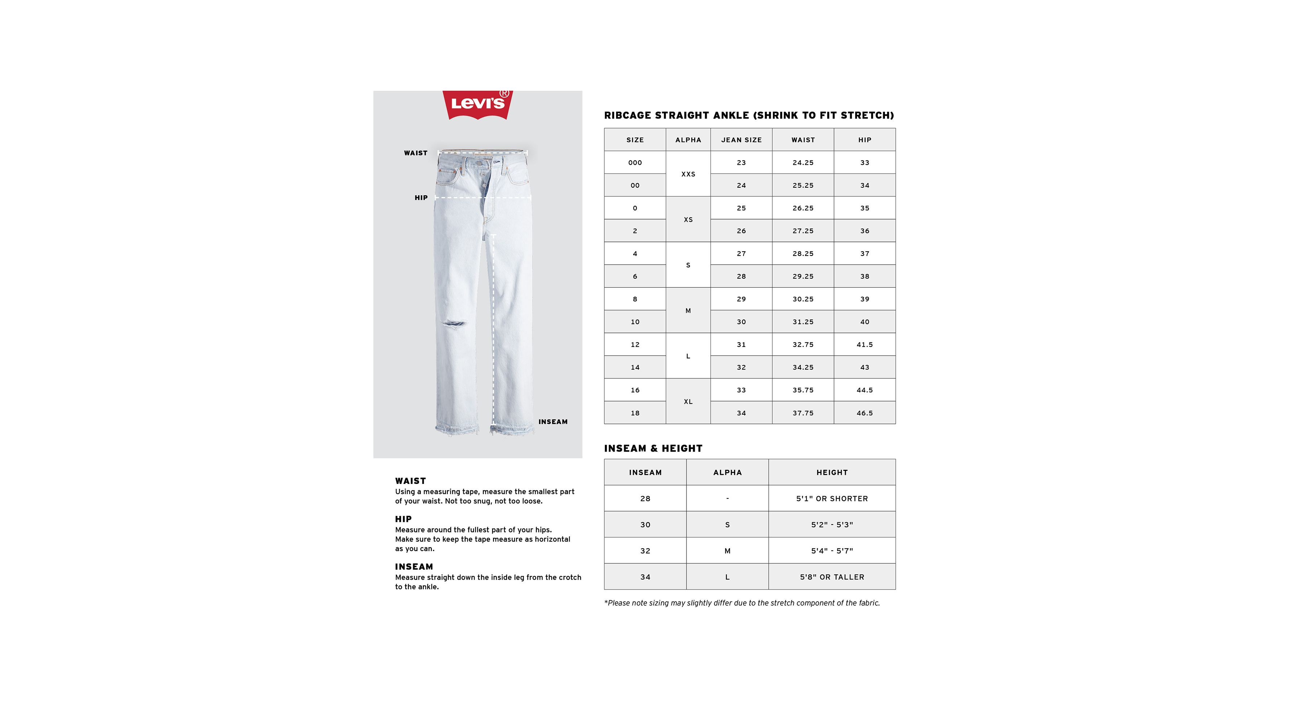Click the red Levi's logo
pos(477,104)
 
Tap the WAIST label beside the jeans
pos(415,153)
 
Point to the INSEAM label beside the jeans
pos(553,422)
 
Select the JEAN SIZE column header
pos(741,140)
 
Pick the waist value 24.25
pos(803,163)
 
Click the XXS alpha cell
pos(688,174)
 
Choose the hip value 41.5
pos(865,344)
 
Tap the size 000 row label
pos(635,163)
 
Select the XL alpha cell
pos(688,401)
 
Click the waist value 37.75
pos(803,413)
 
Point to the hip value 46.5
pos(865,413)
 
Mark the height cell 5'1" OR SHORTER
pos(832,498)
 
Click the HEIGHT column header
pos(832,472)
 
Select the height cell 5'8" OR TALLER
pos(832,577)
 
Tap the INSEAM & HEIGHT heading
pos(653,448)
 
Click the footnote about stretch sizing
pos(742,603)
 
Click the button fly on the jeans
pos(485,183)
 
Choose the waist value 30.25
pos(803,299)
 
